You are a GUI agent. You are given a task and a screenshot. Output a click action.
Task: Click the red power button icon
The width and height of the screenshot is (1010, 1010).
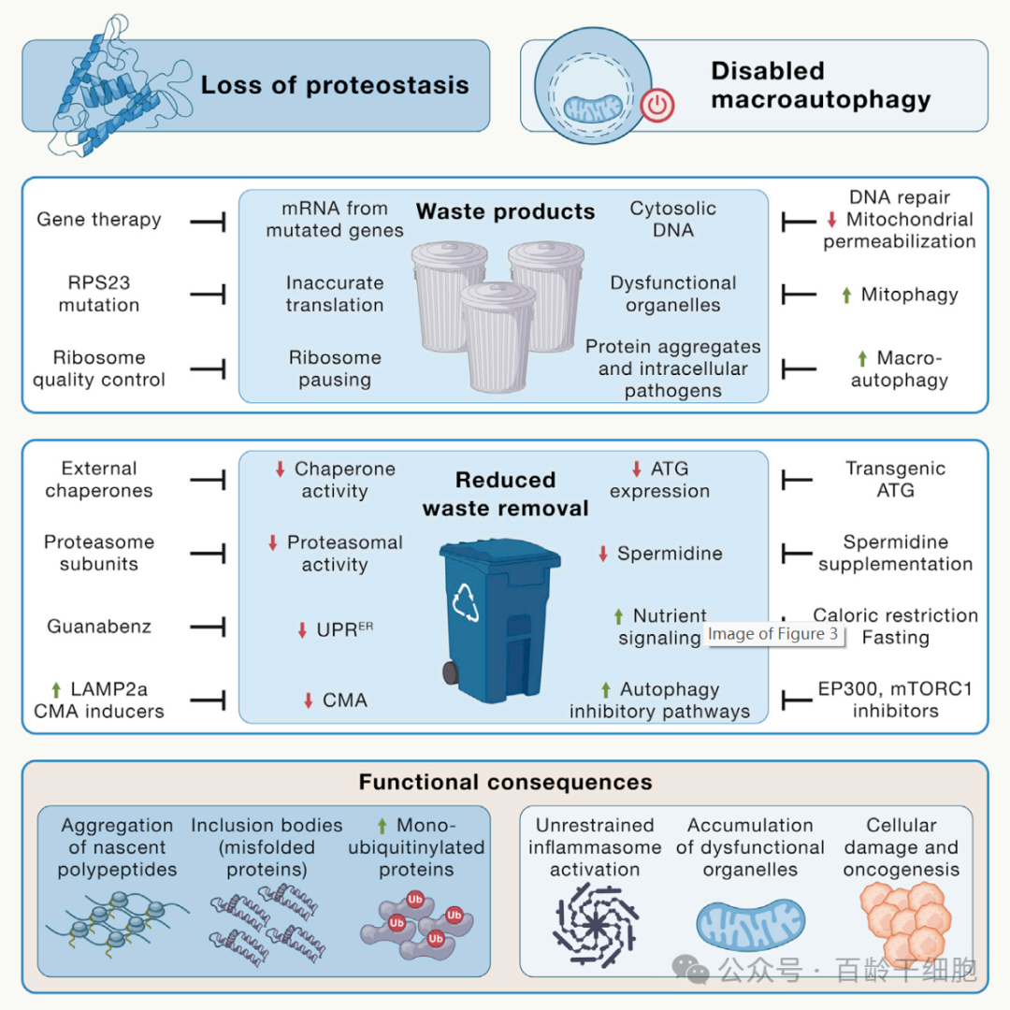(657, 105)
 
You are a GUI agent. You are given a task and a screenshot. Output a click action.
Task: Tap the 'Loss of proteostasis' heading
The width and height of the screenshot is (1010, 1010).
(335, 85)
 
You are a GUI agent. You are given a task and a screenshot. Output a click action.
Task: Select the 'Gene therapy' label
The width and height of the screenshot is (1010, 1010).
(99, 219)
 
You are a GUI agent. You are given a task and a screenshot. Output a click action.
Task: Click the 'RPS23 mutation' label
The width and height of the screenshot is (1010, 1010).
(99, 294)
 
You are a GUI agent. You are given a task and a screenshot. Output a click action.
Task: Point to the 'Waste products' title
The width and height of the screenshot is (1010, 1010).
(506, 211)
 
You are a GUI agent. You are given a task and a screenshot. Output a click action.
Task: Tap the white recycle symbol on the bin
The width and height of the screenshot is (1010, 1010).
(465, 601)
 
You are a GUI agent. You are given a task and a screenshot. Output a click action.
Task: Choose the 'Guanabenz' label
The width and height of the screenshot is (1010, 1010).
(99, 626)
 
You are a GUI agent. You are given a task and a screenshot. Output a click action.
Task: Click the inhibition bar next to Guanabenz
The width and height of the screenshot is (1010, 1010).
(208, 626)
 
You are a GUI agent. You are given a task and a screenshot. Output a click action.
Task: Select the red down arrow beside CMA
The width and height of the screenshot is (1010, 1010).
(309, 700)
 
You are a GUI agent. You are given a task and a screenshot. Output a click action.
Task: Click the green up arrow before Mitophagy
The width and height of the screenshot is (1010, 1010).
(846, 295)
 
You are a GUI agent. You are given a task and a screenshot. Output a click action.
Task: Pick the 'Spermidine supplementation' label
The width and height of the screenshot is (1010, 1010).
(895, 553)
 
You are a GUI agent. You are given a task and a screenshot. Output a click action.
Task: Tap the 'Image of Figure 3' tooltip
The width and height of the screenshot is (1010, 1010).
(773, 634)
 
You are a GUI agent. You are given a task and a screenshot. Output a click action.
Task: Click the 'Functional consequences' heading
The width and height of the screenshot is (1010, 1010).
(506, 782)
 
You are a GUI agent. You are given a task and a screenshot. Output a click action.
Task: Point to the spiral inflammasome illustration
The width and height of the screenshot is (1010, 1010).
(596, 925)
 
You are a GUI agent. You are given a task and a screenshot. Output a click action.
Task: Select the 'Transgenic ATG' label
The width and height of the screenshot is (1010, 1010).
(895, 479)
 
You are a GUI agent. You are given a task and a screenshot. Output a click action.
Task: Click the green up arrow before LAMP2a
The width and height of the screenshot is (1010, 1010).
(57, 690)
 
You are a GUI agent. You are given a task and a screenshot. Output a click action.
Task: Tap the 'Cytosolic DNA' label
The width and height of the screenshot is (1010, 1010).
(673, 219)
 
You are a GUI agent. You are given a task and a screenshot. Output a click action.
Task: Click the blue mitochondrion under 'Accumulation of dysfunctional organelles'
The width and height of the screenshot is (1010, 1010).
(750, 925)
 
